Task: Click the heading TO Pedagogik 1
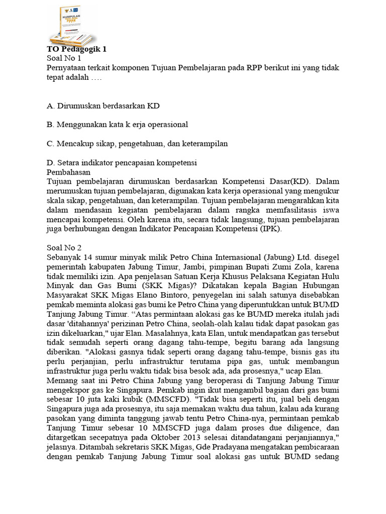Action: click(76, 49)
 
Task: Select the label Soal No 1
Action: click(64, 58)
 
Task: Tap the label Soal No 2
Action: click(64, 247)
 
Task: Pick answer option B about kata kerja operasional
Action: click(117, 124)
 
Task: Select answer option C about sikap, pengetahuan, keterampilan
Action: click(137, 144)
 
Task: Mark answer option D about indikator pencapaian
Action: click(121, 163)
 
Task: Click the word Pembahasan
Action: click(68, 172)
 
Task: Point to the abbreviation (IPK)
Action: click(271, 228)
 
